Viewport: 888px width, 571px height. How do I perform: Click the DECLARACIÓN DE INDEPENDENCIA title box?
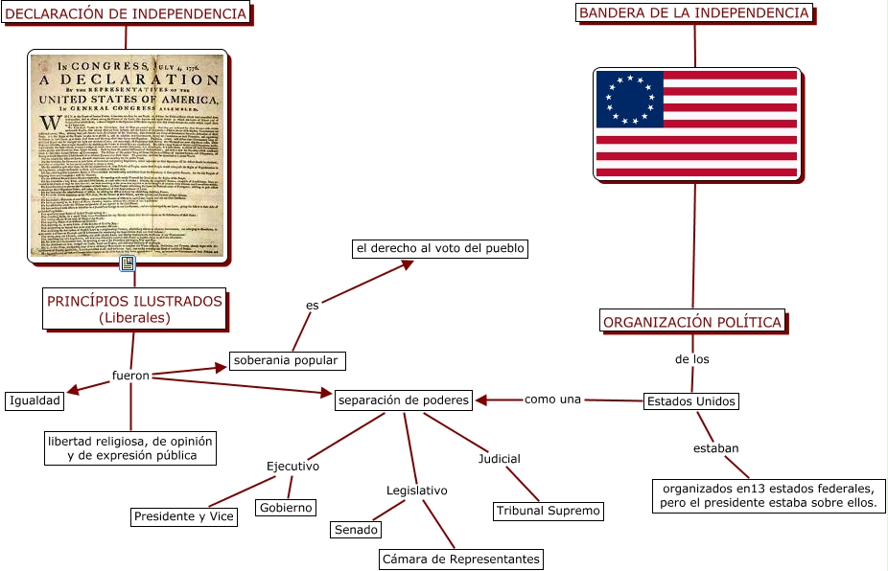point(126,13)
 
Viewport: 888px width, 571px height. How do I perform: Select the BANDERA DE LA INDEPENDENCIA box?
point(694,13)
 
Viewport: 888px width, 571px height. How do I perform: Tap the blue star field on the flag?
point(629,100)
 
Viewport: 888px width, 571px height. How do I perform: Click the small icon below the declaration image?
point(127,263)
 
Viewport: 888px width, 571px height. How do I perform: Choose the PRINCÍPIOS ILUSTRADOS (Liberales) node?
point(134,308)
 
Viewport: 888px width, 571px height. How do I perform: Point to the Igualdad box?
point(35,400)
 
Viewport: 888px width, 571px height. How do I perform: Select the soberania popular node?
point(286,361)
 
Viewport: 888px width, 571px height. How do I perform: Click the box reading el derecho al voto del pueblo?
point(440,249)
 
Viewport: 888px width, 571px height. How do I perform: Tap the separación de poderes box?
point(403,400)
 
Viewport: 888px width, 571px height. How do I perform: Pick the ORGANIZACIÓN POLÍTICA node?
point(692,322)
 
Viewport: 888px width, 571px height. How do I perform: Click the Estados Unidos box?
point(690,401)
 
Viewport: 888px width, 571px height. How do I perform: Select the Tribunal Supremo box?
point(548,511)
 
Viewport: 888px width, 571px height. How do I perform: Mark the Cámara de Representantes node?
point(461,559)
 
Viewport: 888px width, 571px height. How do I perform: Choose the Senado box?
point(356,530)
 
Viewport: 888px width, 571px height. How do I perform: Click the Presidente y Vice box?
point(183,517)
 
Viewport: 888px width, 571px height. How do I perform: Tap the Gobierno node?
point(286,508)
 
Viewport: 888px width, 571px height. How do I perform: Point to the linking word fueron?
point(130,376)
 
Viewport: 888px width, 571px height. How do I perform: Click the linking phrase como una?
point(552,399)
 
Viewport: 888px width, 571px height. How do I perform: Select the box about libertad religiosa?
point(131,447)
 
